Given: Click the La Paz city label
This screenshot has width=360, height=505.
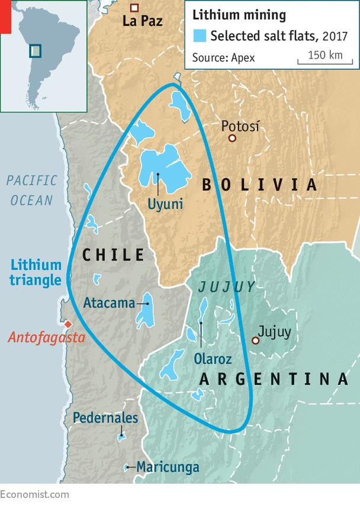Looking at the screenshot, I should (x=142, y=21).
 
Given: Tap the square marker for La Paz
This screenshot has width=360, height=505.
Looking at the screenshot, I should (x=134, y=8).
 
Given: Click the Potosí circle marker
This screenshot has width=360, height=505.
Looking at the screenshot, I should (x=233, y=138).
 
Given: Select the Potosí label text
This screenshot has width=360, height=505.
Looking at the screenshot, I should (x=240, y=126).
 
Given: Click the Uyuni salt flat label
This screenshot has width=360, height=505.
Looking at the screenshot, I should (x=165, y=204).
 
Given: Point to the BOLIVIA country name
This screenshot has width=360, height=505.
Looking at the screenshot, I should (x=260, y=185).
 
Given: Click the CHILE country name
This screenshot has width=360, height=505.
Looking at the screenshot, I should (x=113, y=255).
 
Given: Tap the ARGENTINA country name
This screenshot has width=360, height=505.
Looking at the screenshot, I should (x=273, y=378).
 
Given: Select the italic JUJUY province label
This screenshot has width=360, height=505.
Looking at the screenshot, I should (x=226, y=287).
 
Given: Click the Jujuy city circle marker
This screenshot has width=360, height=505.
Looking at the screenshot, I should (x=256, y=340).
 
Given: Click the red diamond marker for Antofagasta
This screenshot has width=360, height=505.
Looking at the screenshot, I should (x=68, y=324).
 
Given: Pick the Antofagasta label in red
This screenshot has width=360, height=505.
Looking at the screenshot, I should (x=46, y=338).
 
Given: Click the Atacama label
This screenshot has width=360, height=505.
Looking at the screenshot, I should (x=109, y=303).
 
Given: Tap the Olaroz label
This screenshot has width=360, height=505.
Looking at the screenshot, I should (x=213, y=358).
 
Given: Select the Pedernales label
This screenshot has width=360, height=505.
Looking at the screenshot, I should (x=105, y=418).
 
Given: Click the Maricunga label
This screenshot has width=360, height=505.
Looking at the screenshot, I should (x=168, y=467).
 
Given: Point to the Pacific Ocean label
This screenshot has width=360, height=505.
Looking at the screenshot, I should (x=31, y=190).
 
